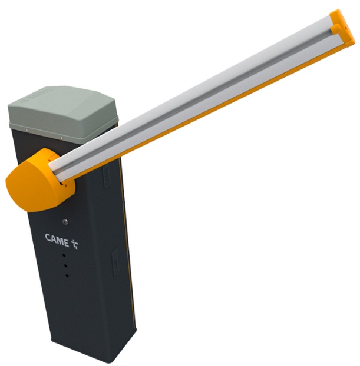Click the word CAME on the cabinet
click(57, 239)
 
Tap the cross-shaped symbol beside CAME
click(75, 244)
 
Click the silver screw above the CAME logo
click(65, 222)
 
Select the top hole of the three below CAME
click(64, 255)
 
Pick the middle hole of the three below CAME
click(65, 265)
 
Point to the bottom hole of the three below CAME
click(67, 275)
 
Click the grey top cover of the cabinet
click(63, 114)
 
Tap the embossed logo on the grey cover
click(36, 95)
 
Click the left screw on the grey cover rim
click(27, 130)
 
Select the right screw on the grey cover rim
click(61, 138)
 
